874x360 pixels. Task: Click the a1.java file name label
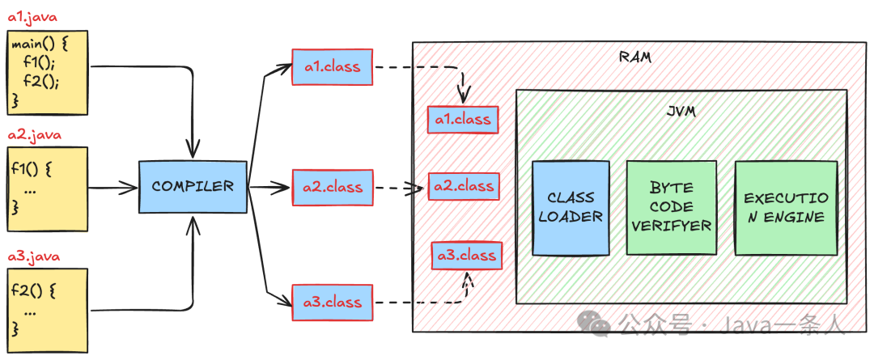(x=32, y=17)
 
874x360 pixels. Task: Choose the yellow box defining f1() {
(x=47, y=188)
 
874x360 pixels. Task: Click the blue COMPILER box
(x=193, y=187)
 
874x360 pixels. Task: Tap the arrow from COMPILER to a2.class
(x=269, y=188)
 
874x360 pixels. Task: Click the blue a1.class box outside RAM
(x=333, y=67)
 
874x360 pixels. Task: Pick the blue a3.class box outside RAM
(x=333, y=303)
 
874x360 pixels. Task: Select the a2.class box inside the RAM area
(x=464, y=186)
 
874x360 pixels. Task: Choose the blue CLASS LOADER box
(x=571, y=207)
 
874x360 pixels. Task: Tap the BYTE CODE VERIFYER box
(x=671, y=207)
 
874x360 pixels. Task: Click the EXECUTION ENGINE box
(x=785, y=207)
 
